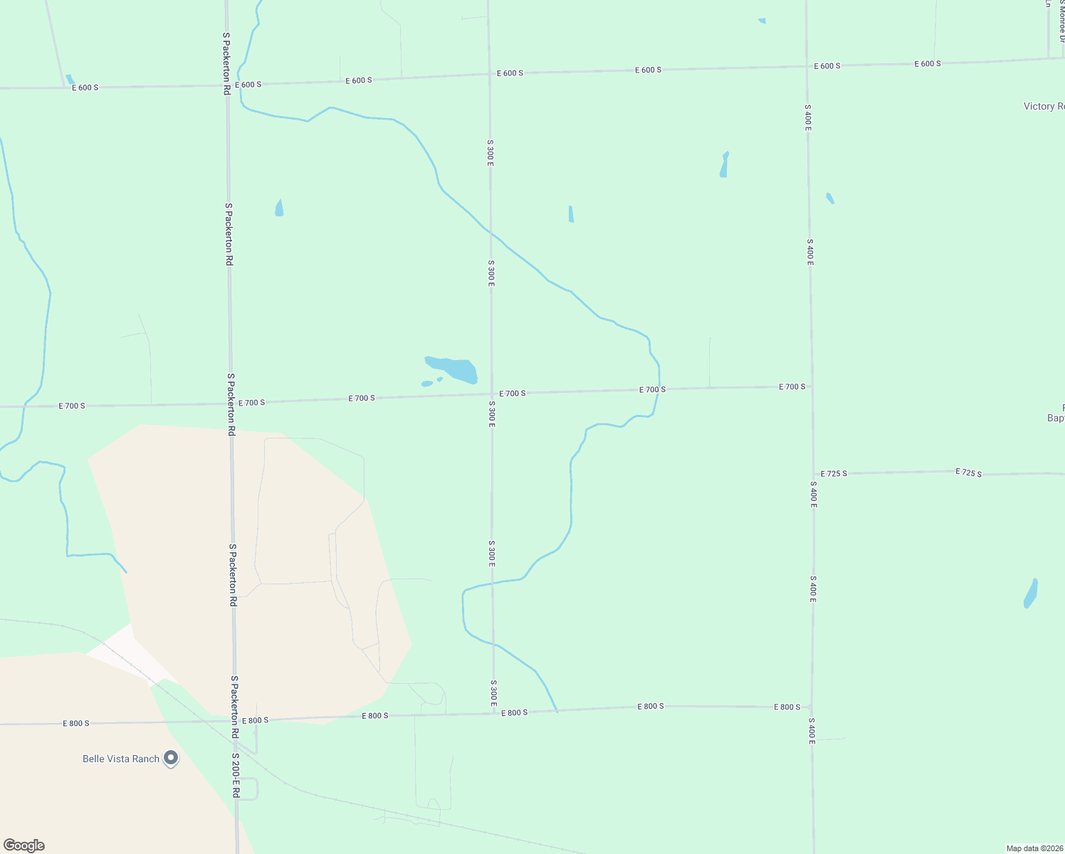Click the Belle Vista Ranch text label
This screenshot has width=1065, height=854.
[x=121, y=759]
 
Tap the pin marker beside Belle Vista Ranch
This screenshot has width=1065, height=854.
[x=171, y=758]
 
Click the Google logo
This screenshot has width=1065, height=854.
[x=23, y=845]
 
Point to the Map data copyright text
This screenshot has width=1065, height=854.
[x=1034, y=848]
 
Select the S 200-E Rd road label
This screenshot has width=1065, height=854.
[x=236, y=775]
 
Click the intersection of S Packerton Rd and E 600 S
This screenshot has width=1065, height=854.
[x=227, y=85]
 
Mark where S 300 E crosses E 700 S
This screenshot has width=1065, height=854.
[x=491, y=394]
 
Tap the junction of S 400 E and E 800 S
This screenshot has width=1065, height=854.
[x=812, y=707]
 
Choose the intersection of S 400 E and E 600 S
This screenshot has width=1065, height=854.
[x=807, y=66]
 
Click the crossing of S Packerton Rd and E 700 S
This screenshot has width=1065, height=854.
[x=230, y=404]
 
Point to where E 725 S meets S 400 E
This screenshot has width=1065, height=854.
[x=813, y=474]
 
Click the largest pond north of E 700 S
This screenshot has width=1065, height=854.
[x=453, y=369]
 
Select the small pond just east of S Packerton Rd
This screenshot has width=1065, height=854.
[x=279, y=209]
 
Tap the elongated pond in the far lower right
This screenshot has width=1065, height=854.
[x=1031, y=594]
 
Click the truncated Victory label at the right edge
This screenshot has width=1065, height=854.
[x=1044, y=106]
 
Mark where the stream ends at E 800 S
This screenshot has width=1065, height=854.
[x=557, y=711]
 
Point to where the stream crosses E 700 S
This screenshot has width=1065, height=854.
[x=657, y=389]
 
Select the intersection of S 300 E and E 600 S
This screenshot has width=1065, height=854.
[x=489, y=74]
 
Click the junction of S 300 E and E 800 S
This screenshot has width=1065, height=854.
[x=493, y=713]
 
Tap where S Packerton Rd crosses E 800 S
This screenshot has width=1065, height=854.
[x=234, y=721]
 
